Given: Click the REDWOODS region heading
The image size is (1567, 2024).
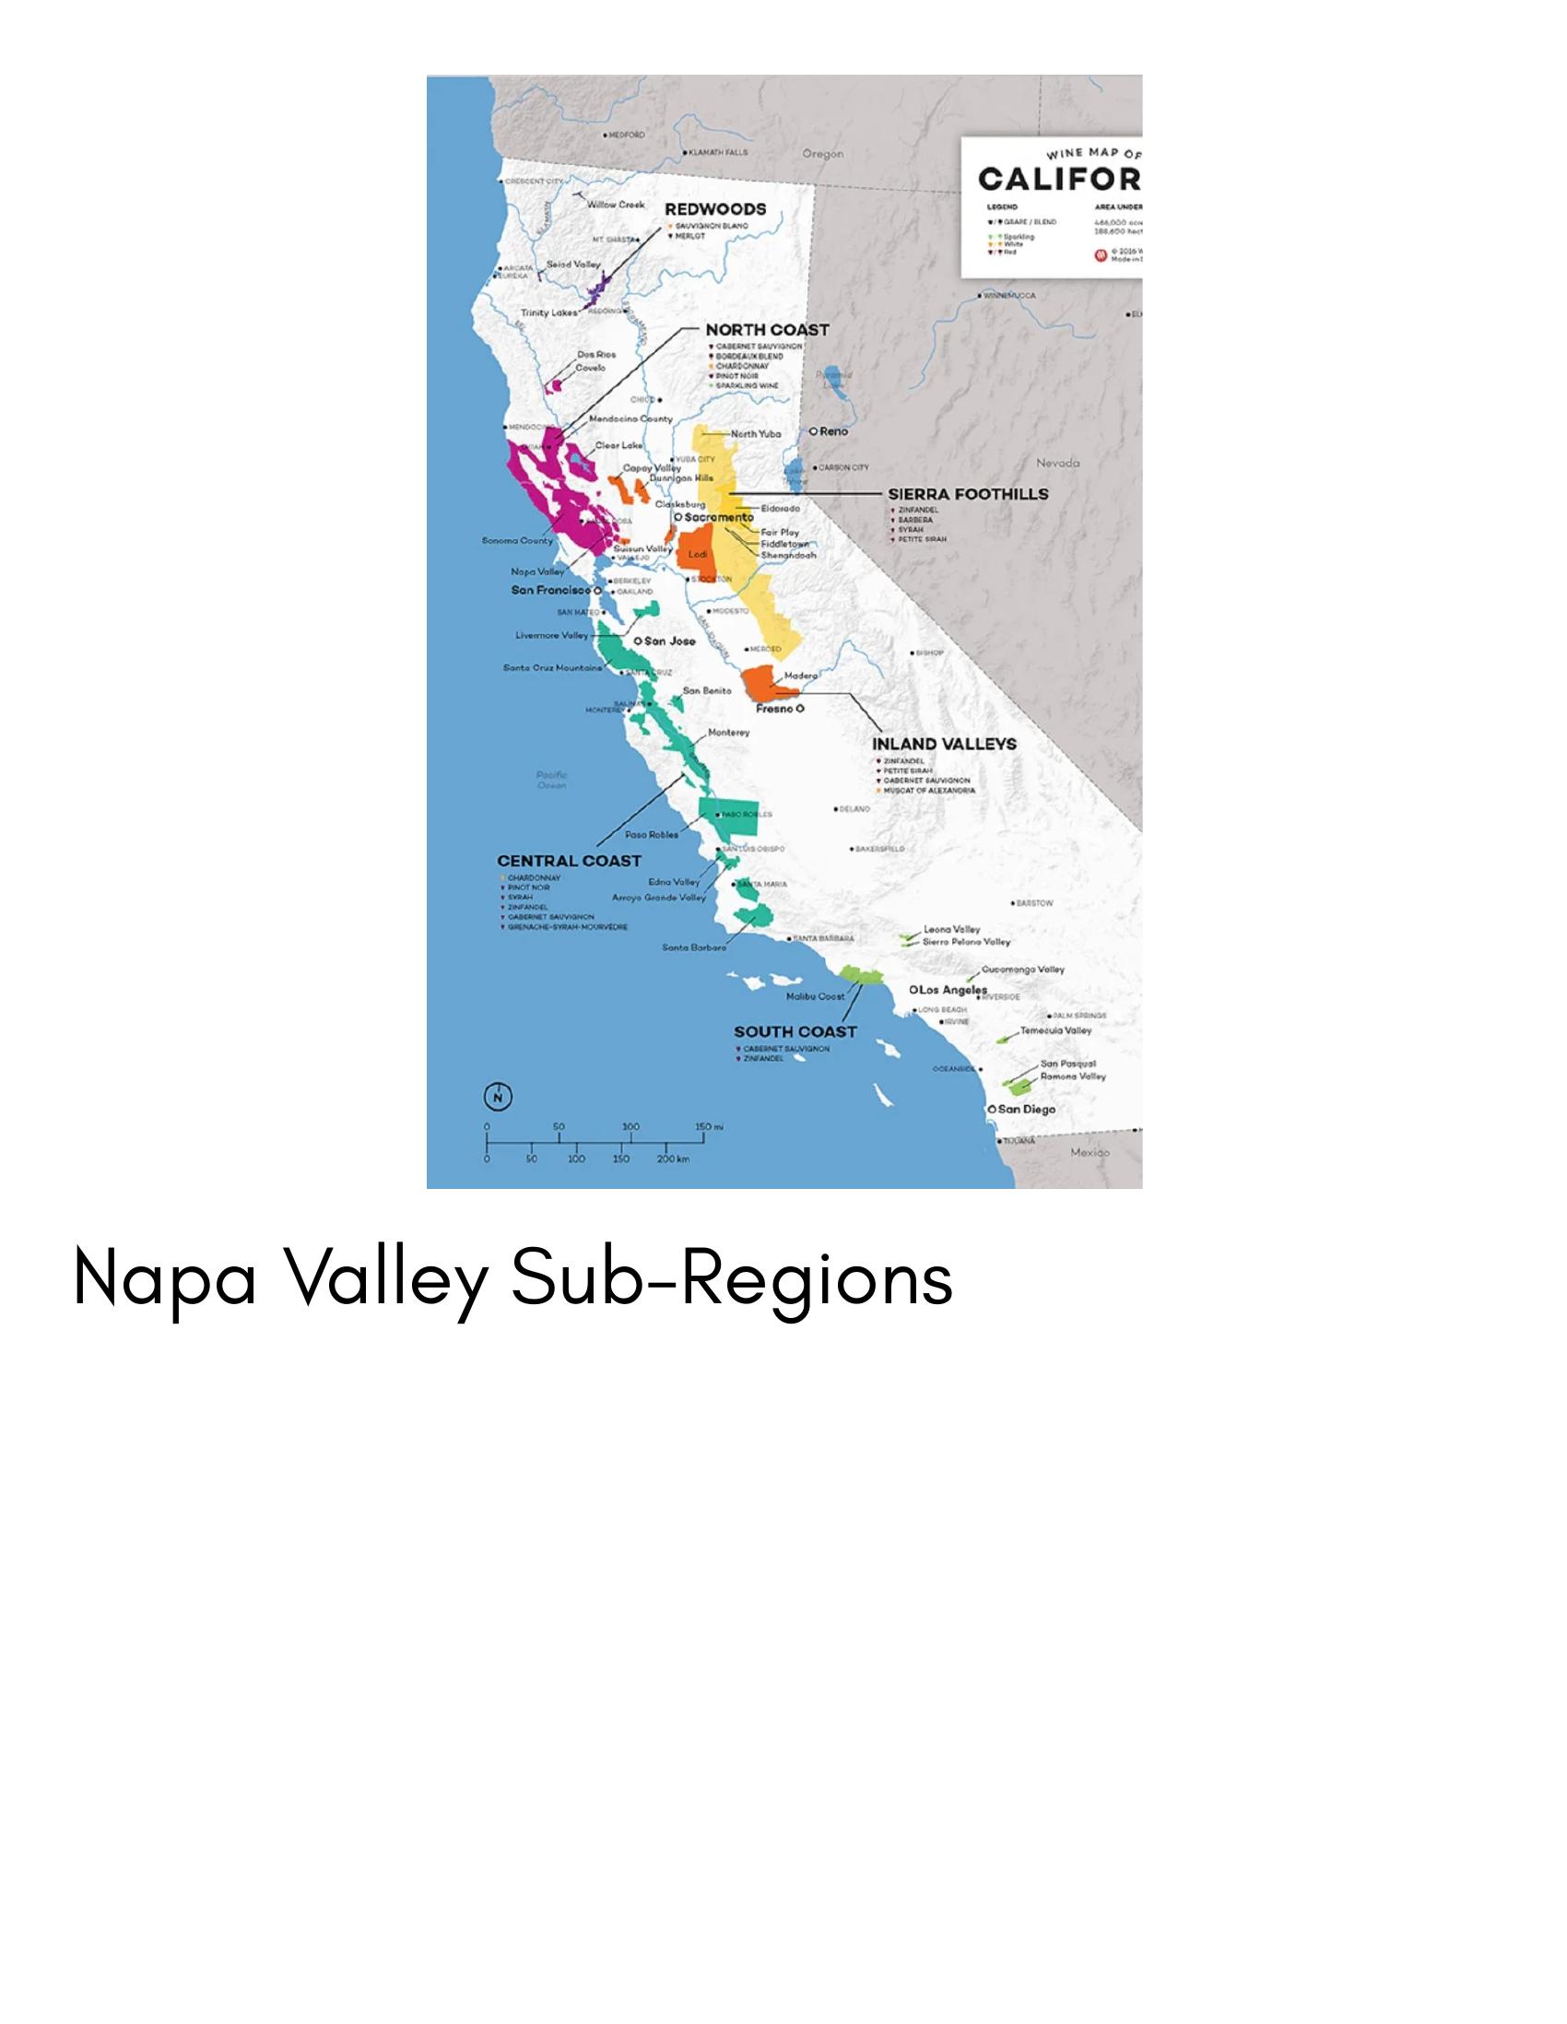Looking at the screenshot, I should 715,209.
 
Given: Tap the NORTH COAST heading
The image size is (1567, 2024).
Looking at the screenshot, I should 767,330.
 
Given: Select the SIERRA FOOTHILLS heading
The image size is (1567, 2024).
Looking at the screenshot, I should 968,494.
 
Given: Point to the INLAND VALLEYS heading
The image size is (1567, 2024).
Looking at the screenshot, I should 943,744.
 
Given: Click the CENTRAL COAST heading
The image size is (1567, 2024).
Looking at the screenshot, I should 569,861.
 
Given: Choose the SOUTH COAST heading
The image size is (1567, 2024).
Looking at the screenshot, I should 795,1031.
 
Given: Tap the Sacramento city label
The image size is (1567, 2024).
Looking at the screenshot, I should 718,517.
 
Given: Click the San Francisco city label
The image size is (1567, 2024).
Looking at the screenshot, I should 550,590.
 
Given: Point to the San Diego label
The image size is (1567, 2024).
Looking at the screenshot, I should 1026,1110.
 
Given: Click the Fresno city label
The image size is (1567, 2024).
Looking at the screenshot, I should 774,709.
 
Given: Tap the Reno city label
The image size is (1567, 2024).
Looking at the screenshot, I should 833,432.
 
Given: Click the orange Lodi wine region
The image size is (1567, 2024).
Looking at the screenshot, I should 697,554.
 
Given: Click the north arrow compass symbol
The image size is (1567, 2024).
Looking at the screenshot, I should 499,1098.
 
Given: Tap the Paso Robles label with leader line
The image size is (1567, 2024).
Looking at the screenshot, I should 652,835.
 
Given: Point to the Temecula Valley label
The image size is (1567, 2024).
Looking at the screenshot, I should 1055,1030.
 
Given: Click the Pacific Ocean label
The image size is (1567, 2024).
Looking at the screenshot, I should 551,781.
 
